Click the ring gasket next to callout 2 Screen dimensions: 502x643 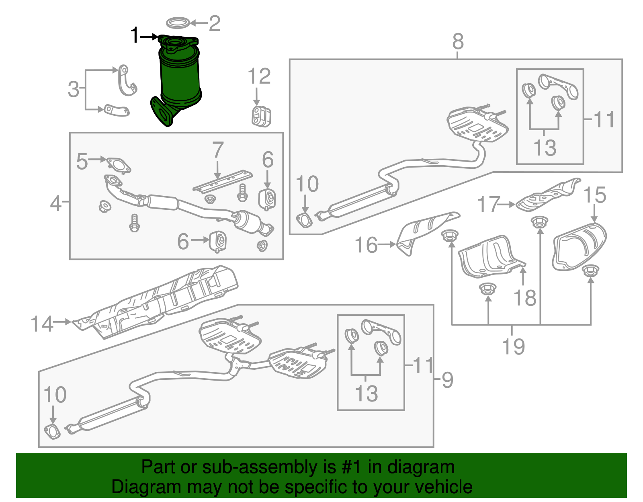(x=178, y=23)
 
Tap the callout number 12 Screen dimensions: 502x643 (x=259, y=76)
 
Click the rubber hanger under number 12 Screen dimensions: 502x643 (x=261, y=116)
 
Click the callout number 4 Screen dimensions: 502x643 (x=56, y=203)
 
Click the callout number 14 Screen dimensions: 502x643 (x=42, y=324)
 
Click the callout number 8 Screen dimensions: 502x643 (x=458, y=41)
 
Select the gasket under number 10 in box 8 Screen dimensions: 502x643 (x=304, y=221)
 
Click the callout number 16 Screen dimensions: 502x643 (x=366, y=245)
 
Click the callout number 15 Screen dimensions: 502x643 (x=594, y=195)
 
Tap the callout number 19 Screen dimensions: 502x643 (x=513, y=346)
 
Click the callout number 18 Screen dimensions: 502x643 (x=525, y=298)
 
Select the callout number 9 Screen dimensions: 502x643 (x=447, y=380)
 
